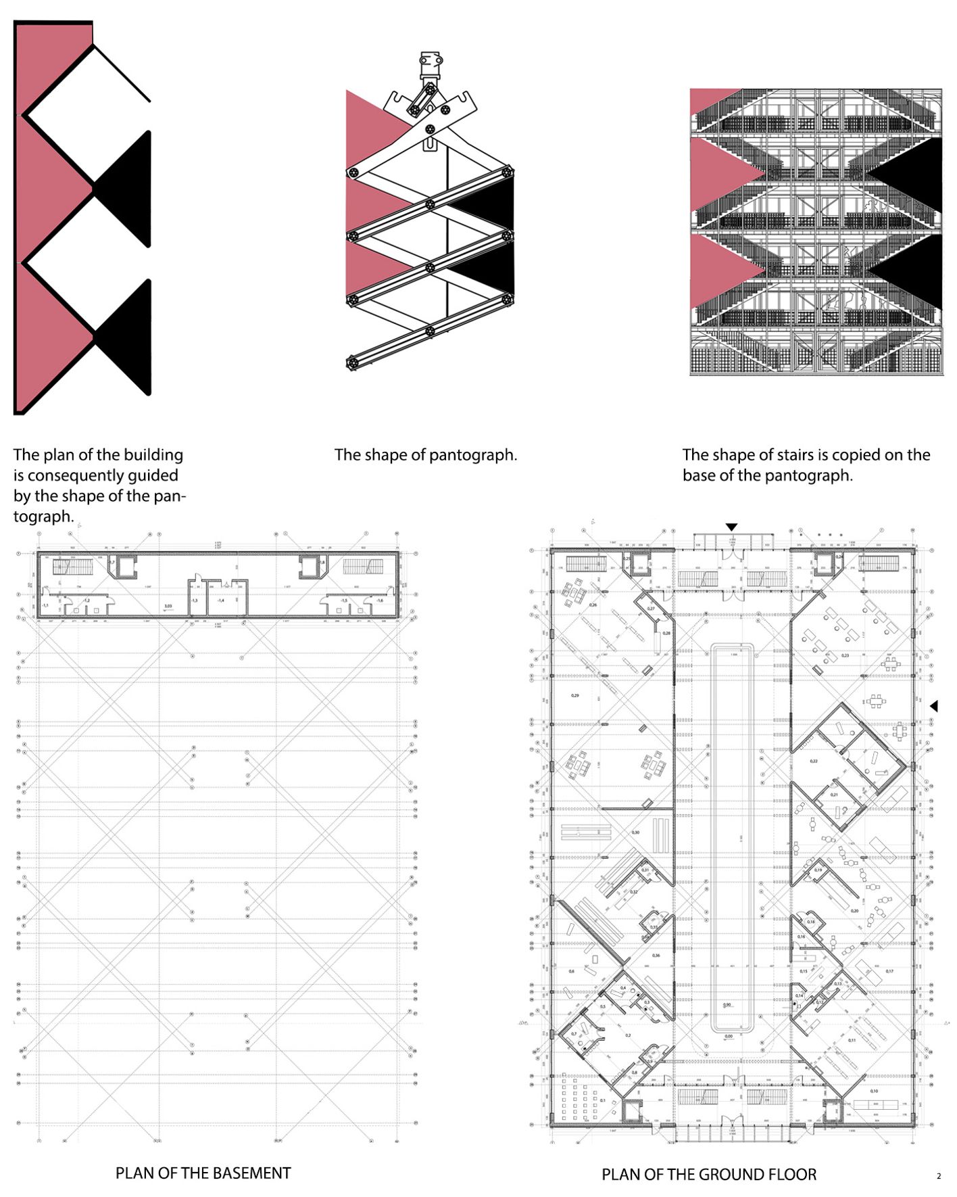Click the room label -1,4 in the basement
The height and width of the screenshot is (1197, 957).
[220, 600]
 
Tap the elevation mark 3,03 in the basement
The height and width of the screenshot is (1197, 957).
[168, 607]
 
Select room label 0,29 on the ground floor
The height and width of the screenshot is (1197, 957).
[574, 695]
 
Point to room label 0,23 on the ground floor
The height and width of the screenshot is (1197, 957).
[845, 655]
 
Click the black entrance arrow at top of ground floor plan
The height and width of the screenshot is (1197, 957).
[731, 527]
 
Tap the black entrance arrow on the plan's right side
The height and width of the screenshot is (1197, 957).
[934, 706]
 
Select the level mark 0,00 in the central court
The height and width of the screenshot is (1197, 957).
[729, 1035]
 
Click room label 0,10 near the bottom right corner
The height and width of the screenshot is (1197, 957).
[874, 1091]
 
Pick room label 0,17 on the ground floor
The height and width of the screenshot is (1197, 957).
[889, 971]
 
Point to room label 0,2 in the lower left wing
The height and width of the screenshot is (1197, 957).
[628, 1035]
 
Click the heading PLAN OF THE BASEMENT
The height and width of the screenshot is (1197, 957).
[203, 1173]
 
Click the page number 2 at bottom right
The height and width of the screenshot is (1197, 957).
[938, 1176]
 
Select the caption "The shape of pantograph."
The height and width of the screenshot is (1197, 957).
[426, 455]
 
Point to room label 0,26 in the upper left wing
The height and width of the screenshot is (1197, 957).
[593, 604]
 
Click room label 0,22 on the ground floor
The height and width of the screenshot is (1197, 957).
[814, 761]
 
